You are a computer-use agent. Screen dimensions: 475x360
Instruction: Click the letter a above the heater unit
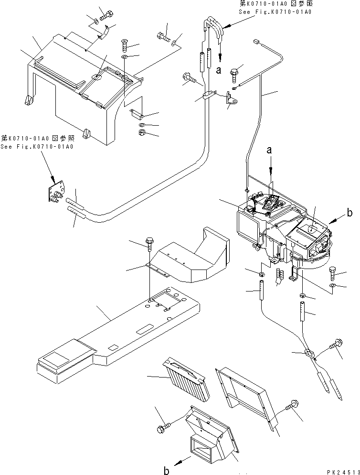point(270,150)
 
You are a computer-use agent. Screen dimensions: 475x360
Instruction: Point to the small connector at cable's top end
point(257,42)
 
